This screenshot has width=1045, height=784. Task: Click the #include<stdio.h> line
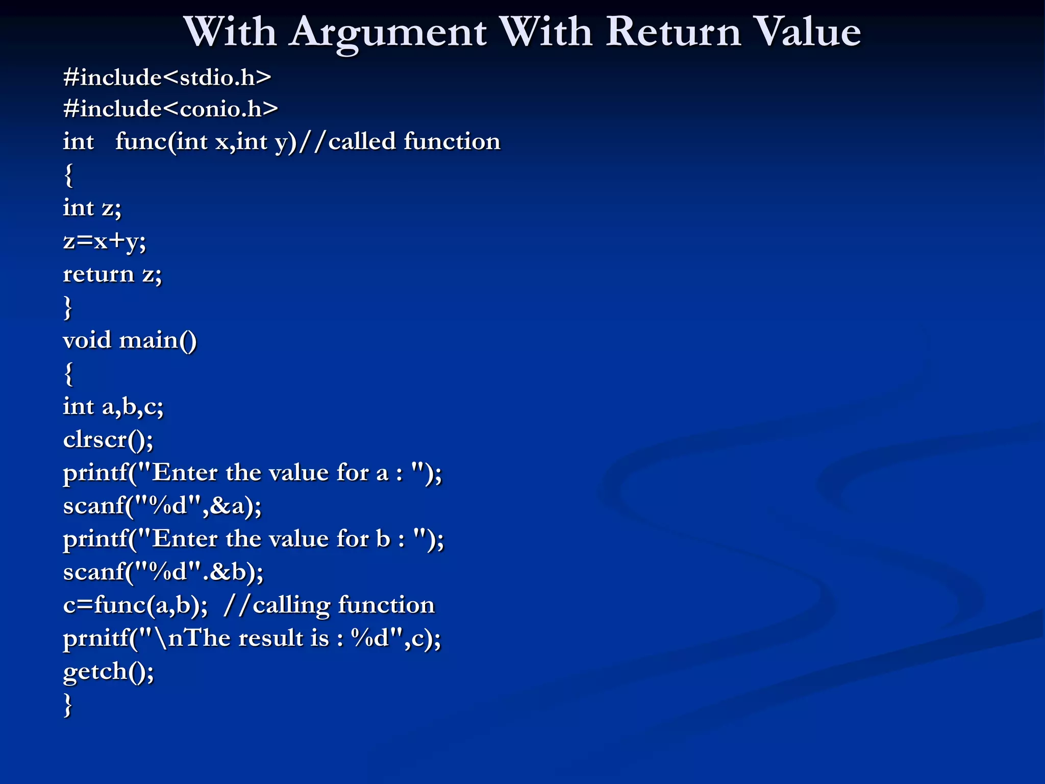[167, 78]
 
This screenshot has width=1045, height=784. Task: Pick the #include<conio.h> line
[170, 109]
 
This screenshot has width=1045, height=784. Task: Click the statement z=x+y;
[105, 241]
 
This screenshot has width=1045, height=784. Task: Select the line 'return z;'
[112, 274]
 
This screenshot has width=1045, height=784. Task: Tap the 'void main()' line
[130, 340]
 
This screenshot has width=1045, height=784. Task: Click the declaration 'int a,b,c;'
[113, 407]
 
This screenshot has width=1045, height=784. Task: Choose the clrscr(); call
[108, 439]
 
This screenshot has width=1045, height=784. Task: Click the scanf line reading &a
[162, 506]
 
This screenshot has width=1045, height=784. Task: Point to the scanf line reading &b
[163, 572]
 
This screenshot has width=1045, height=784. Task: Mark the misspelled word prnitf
[96, 639]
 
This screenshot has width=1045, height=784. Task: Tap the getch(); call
[108, 671]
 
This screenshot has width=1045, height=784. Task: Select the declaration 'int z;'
[92, 208]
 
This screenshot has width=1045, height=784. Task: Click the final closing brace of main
[68, 705]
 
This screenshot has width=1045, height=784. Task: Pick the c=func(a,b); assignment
[135, 605]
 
